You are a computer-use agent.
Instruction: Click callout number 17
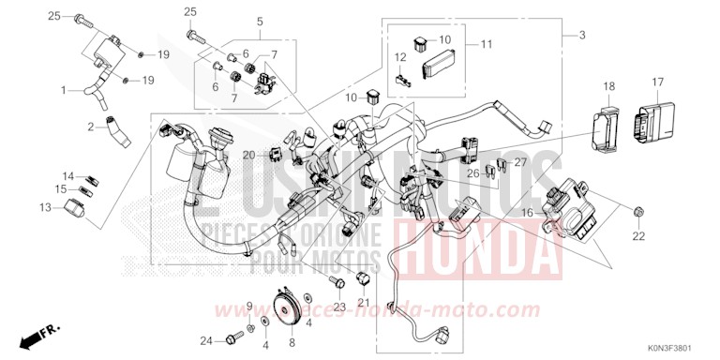[657, 82]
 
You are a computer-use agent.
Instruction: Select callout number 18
[608, 86]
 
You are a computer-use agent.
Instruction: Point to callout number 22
[638, 236]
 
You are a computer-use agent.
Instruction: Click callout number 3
[582, 35]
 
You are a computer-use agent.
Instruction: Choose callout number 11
[486, 44]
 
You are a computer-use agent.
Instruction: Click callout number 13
[46, 207]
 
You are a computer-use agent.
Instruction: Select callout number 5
[260, 22]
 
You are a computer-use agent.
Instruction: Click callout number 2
[92, 126]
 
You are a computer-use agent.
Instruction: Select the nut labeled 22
[638, 211]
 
